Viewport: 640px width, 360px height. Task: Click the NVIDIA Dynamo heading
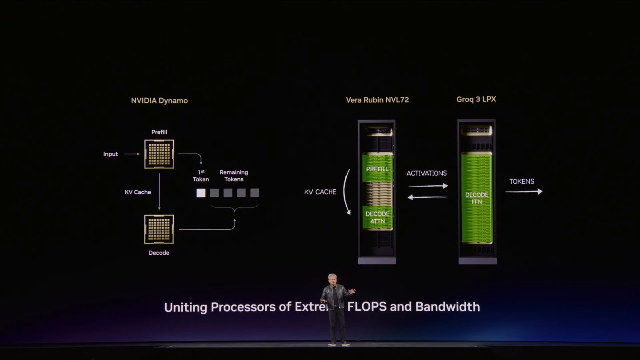point(159,100)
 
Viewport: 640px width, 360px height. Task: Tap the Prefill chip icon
point(159,154)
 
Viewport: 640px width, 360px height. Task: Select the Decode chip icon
point(159,229)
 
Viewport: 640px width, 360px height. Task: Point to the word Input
point(111,154)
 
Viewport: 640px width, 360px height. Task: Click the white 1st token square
point(201,193)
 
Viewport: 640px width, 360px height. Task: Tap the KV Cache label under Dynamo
point(138,192)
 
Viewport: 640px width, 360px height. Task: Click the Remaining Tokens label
point(234,176)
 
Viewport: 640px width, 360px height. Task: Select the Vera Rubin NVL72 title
point(377,100)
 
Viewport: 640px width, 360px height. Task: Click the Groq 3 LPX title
point(476,99)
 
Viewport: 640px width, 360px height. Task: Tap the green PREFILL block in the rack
point(377,169)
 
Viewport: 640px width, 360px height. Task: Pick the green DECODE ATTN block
point(377,217)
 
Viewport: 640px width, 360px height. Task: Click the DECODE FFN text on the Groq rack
point(477,198)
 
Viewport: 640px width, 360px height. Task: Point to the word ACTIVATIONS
point(427,173)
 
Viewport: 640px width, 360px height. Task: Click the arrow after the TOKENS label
point(524,192)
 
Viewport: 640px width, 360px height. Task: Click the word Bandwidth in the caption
point(448,307)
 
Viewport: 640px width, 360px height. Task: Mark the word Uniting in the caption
point(186,307)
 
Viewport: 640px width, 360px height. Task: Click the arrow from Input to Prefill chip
point(132,154)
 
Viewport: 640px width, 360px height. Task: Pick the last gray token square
point(255,193)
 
